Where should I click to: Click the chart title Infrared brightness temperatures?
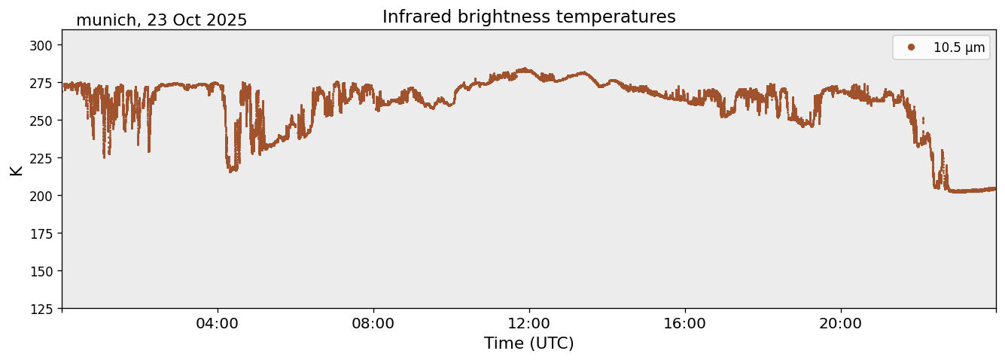pyautogui.click(x=528, y=17)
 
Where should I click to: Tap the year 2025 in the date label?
pyautogui.click(x=226, y=20)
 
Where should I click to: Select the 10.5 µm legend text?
pyautogui.click(x=958, y=47)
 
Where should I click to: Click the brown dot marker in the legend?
pyautogui.click(x=911, y=47)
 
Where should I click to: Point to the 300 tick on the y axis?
pyautogui.click(x=45, y=45)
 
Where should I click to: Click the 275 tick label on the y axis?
pyautogui.click(x=45, y=83)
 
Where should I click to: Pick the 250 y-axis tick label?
pyautogui.click(x=45, y=121)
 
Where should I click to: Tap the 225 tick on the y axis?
pyautogui.click(x=45, y=158)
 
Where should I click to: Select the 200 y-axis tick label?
pyautogui.click(x=45, y=196)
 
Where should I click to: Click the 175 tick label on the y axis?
pyautogui.click(x=45, y=233)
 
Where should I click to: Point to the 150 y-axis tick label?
pyautogui.click(x=45, y=271)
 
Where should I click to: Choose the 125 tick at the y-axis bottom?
pyautogui.click(x=45, y=309)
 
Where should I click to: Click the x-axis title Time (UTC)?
pyautogui.click(x=528, y=343)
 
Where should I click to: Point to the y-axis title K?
pyautogui.click(x=17, y=169)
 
